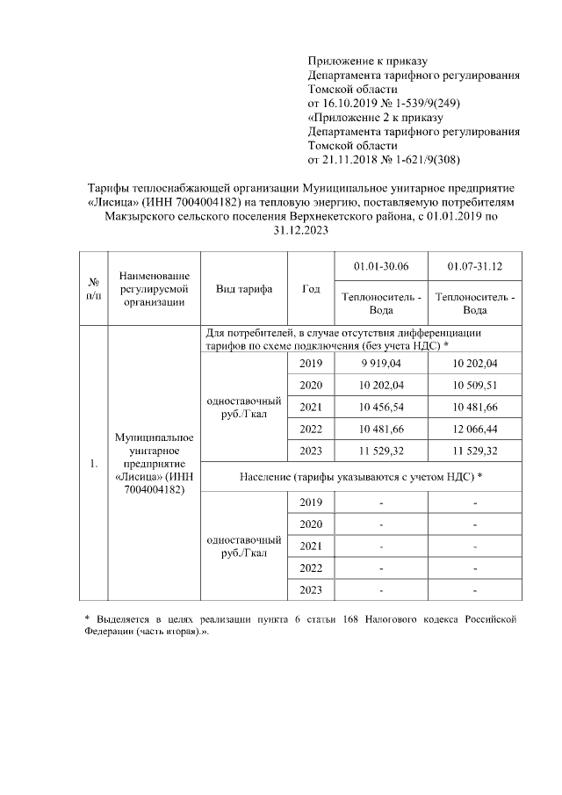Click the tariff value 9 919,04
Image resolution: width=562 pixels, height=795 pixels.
tap(381, 363)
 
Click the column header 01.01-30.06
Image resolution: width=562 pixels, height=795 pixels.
tap(381, 266)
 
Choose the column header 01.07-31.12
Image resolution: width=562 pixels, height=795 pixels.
tap(473, 266)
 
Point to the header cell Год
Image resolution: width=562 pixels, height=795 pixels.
tap(310, 288)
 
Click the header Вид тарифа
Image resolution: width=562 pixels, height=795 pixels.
tap(243, 288)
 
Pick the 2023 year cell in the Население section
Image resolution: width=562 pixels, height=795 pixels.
tap(310, 589)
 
